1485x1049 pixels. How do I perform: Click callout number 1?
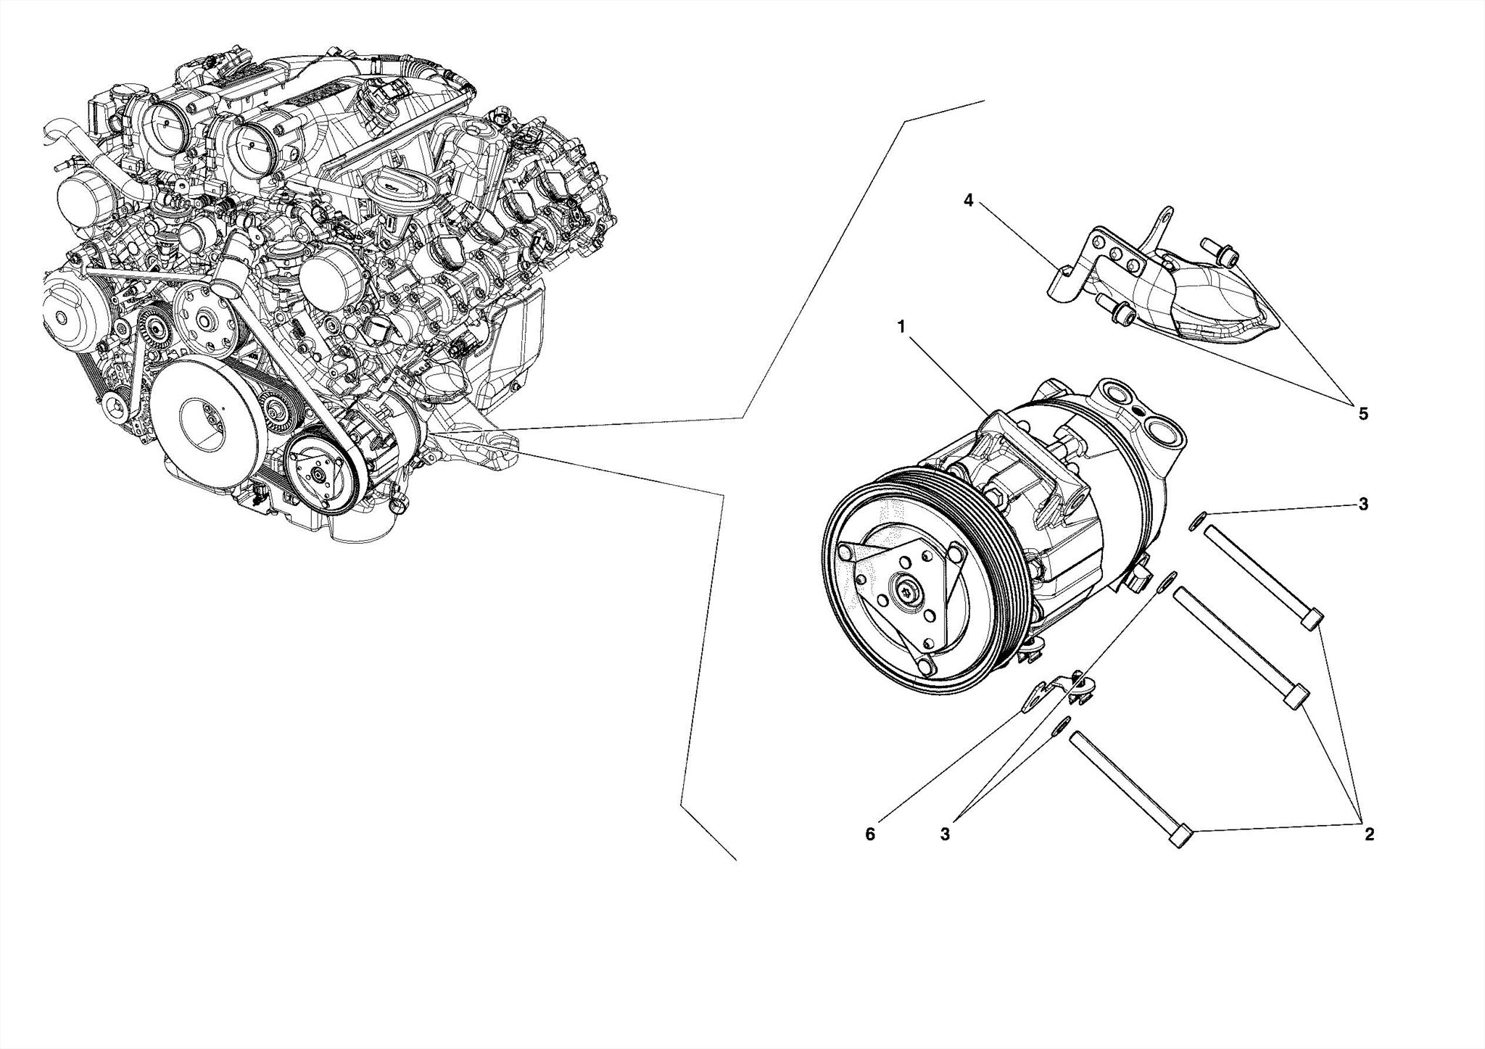pyautogui.click(x=901, y=327)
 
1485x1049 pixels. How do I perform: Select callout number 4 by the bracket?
pyautogui.click(x=968, y=201)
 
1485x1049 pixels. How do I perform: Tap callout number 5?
pyautogui.click(x=1362, y=414)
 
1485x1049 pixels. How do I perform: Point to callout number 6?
pyautogui.click(x=870, y=834)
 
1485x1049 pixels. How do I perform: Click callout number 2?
pyautogui.click(x=1369, y=834)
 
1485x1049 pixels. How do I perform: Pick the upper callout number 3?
pyautogui.click(x=1363, y=504)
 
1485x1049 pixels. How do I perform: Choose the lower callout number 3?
pyautogui.click(x=945, y=834)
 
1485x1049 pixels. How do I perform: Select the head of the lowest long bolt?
pyautogui.click(x=1181, y=839)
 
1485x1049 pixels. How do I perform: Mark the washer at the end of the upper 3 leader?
pyautogui.click(x=1198, y=521)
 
